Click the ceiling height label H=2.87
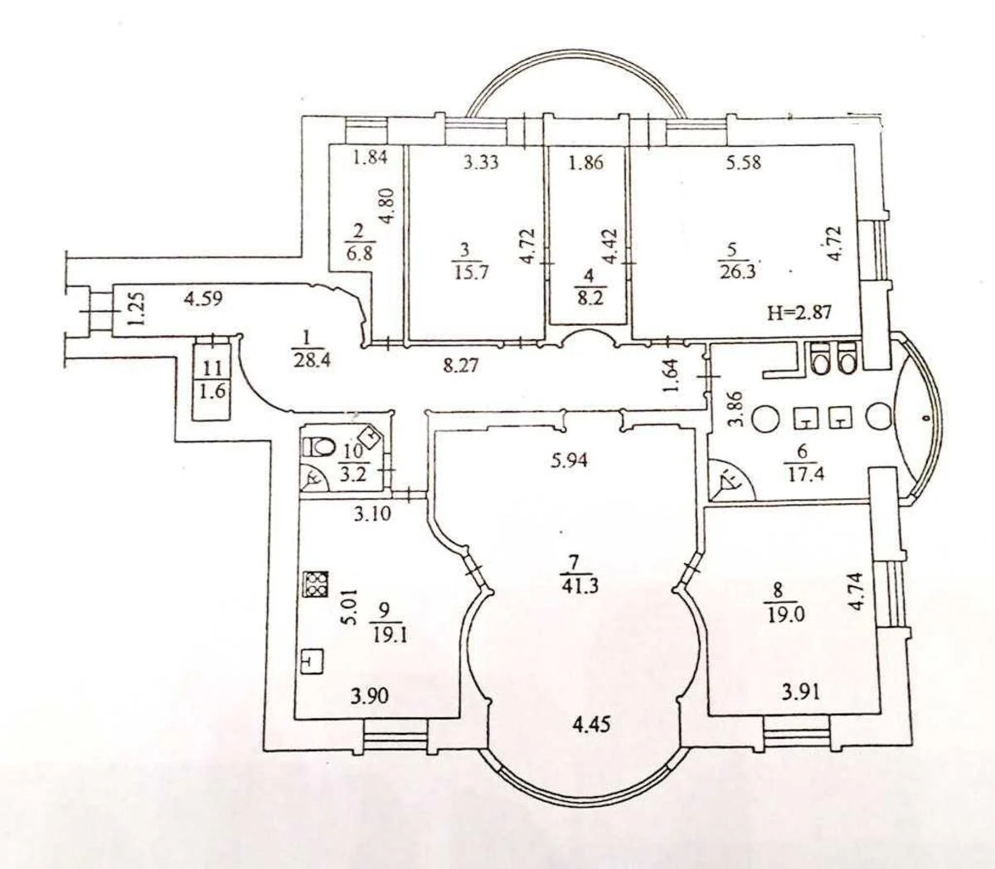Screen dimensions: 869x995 coord(798,313)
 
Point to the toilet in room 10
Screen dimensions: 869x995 coord(318,446)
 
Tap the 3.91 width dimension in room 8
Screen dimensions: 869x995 coord(801,691)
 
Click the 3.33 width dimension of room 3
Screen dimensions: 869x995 coord(481,163)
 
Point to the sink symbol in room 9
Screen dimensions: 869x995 coord(312,661)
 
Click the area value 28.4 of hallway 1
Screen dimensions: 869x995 coord(308,360)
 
